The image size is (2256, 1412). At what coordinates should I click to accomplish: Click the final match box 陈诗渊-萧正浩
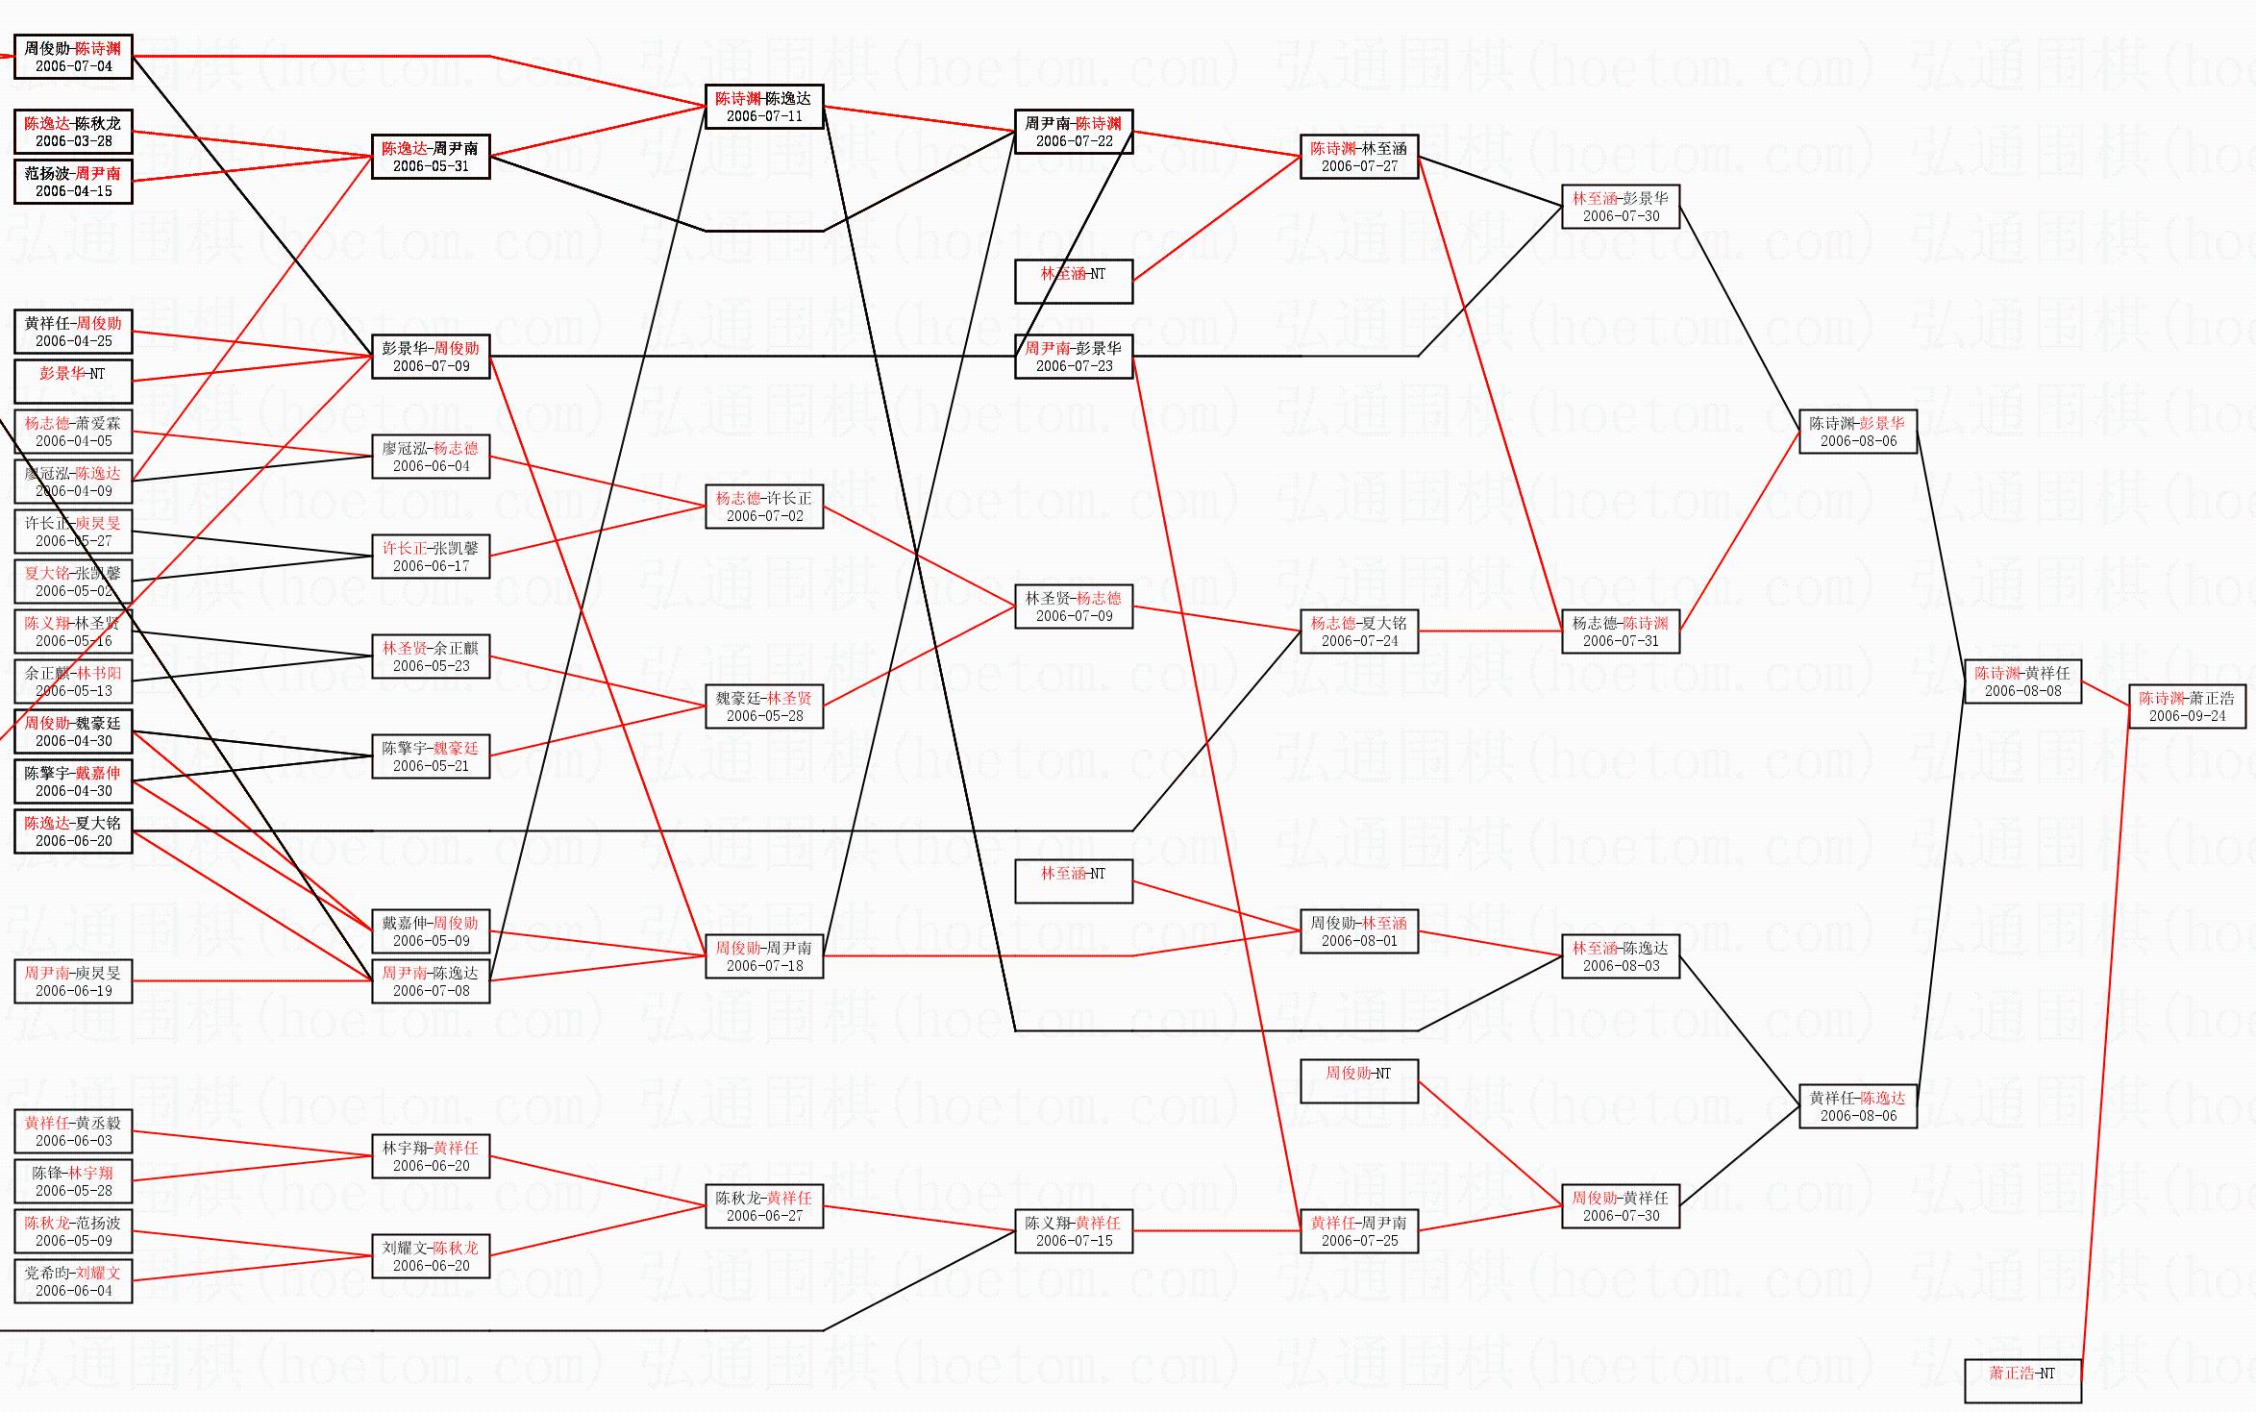[x=2187, y=706]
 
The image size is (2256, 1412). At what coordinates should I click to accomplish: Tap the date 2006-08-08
[x=2022, y=691]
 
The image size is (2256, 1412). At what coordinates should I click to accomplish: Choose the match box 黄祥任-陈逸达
[x=1857, y=1106]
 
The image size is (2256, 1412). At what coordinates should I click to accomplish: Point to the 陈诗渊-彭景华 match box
[x=1857, y=432]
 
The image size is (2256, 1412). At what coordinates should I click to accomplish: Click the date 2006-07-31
[x=1621, y=641]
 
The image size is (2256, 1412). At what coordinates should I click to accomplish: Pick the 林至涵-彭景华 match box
[x=1621, y=207]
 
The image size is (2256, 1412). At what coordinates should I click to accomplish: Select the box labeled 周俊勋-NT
[x=1358, y=1080]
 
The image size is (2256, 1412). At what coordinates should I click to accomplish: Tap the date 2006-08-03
[x=1621, y=966]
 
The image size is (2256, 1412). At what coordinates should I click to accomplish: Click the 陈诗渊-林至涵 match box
[x=1358, y=157]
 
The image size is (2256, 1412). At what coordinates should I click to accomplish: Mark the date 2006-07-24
[x=1359, y=641]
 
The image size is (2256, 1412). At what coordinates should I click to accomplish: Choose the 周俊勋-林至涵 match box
[x=1358, y=931]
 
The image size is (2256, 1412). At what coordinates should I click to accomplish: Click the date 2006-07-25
[x=1359, y=1241]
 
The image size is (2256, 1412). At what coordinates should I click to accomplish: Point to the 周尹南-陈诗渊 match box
[x=1074, y=132]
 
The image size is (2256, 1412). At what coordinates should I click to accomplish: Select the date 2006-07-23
[x=1074, y=366]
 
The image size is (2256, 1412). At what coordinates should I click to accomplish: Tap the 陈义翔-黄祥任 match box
[x=1074, y=1231]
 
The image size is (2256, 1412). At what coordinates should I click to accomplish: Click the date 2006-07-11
[x=764, y=116]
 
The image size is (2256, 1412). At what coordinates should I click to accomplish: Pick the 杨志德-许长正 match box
[x=764, y=507]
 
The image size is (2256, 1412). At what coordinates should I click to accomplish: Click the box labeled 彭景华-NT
[x=73, y=381]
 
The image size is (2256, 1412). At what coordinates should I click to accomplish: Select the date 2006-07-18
[x=764, y=966]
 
